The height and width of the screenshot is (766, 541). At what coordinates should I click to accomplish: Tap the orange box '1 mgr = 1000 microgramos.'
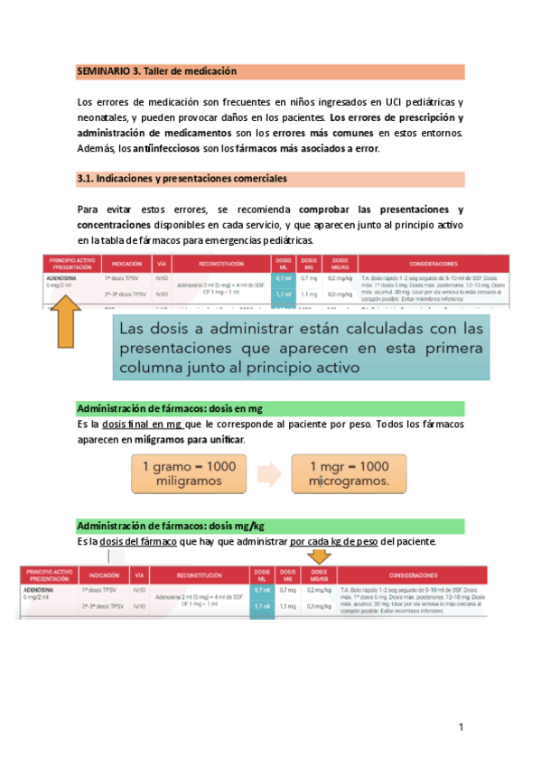click(348, 474)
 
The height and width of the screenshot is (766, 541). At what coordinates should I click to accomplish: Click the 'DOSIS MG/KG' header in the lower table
click(318, 574)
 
